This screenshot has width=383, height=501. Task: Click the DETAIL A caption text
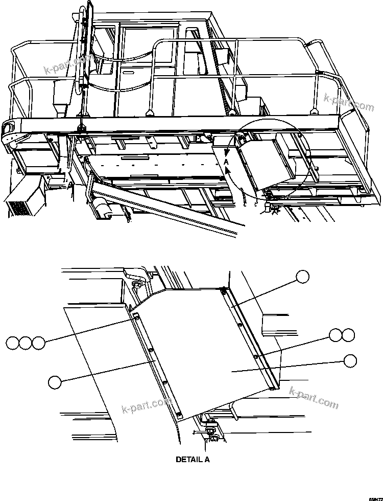[x=193, y=459]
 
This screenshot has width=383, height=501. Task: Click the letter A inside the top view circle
[x=226, y=162]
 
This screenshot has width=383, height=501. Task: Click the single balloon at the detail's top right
[x=302, y=277]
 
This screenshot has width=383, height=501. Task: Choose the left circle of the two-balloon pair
[x=336, y=335]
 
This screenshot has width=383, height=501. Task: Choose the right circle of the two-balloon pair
[x=348, y=335]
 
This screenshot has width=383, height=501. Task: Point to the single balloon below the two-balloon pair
[x=350, y=360]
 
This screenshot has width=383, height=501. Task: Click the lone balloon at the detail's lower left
[x=55, y=381]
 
